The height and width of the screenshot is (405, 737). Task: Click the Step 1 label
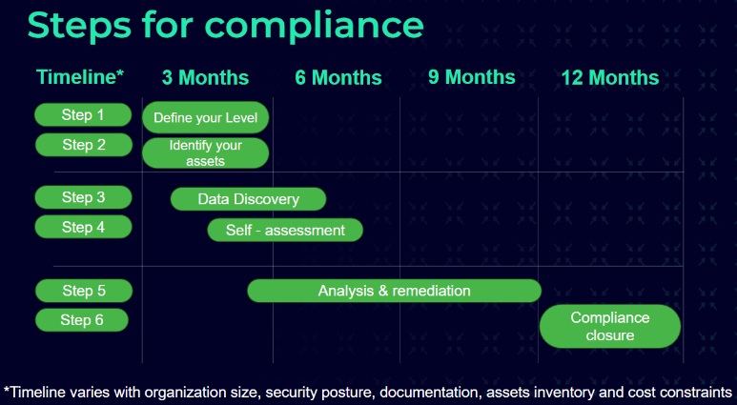pyautogui.click(x=83, y=115)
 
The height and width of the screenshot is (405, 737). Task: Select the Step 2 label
pyautogui.click(x=83, y=145)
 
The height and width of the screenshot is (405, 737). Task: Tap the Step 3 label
pyautogui.click(x=83, y=197)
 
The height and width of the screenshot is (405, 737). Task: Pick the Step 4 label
pyautogui.click(x=83, y=227)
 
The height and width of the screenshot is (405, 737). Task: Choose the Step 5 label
pyautogui.click(x=83, y=290)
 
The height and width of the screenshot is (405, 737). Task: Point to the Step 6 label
pyautogui.click(x=83, y=320)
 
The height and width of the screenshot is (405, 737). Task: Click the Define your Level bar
pyautogui.click(x=206, y=117)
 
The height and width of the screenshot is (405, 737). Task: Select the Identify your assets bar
pyautogui.click(x=206, y=152)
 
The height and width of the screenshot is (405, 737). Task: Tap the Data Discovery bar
pyautogui.click(x=248, y=199)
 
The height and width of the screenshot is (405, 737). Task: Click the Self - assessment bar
pyautogui.click(x=285, y=230)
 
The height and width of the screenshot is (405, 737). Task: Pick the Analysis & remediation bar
pyautogui.click(x=394, y=291)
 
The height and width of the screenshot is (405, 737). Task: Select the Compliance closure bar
pyautogui.click(x=609, y=326)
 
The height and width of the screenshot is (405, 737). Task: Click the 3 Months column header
pyautogui.click(x=205, y=77)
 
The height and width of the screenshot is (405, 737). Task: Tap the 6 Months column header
pyautogui.click(x=338, y=77)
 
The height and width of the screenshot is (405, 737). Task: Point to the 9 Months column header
pyautogui.click(x=471, y=76)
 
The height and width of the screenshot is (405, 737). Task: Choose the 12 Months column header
pyautogui.click(x=609, y=77)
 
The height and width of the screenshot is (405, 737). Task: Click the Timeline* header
pyautogui.click(x=80, y=77)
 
